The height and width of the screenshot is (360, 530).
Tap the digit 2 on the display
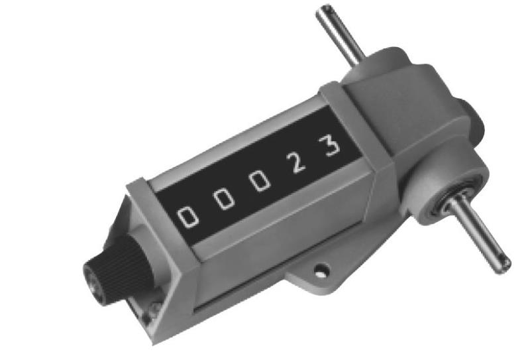click(295, 160)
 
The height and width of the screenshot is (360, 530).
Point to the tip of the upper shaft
click(324, 11)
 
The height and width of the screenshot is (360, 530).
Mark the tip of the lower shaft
click(505, 264)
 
